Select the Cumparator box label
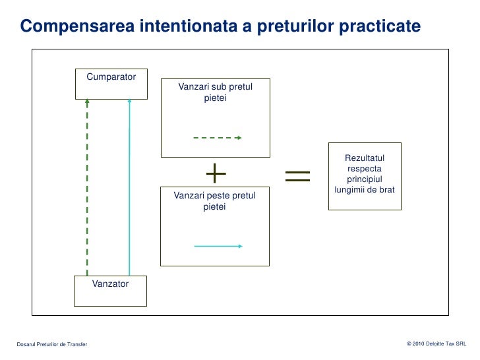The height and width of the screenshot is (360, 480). tap(111, 76)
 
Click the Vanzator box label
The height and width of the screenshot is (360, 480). tap(110, 284)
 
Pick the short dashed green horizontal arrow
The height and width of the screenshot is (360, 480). tap(217, 138)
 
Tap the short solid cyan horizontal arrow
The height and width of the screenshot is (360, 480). tap(218, 246)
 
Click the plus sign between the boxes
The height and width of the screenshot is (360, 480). tap(216, 174)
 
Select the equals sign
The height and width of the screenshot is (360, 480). tap(297, 175)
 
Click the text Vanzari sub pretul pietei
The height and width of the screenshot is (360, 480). tap(215, 92)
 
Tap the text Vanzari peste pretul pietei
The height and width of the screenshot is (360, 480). tap(214, 201)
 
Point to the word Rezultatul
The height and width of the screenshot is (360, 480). tap(364, 158)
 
